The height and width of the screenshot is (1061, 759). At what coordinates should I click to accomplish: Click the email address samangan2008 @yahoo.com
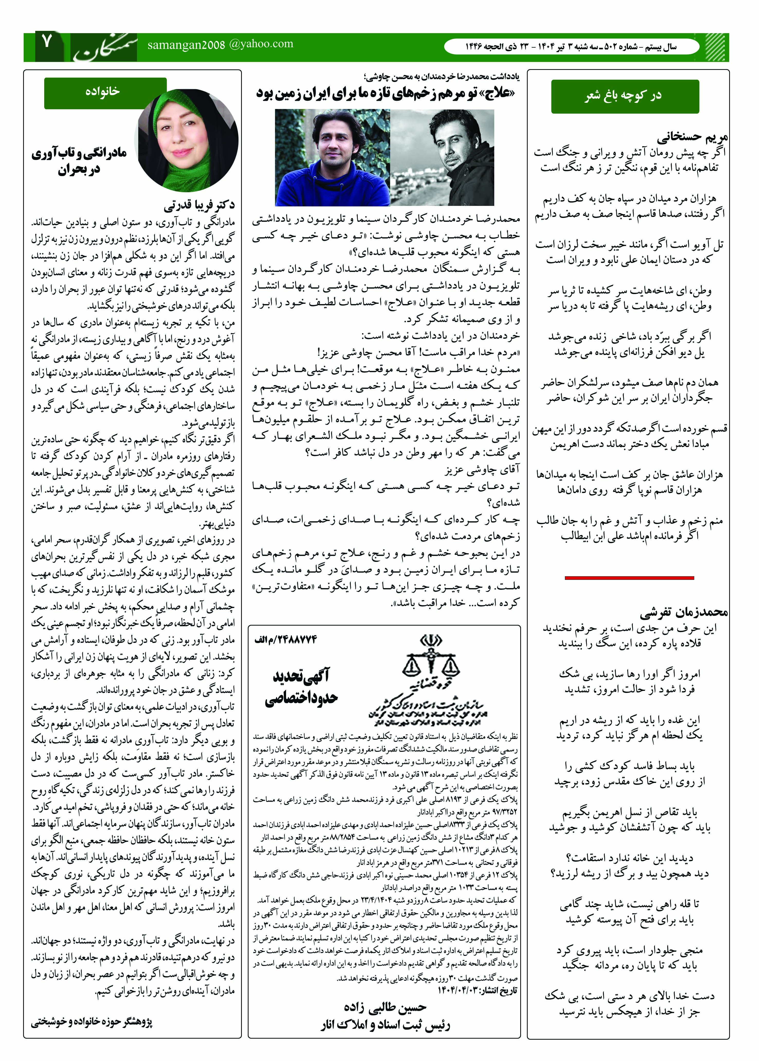pos(220,44)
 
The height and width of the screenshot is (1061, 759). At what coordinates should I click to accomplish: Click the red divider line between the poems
pos(629,578)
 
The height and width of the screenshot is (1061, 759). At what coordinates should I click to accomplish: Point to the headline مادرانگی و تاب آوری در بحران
pos(79,161)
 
